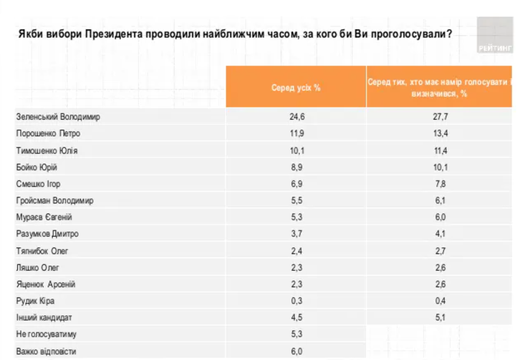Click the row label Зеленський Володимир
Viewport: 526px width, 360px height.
click(58, 117)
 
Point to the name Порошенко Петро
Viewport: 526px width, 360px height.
click(48, 134)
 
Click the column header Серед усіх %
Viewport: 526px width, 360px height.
click(296, 87)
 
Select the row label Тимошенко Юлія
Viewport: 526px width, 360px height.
click(47, 150)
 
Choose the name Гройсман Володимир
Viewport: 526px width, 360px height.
click(55, 201)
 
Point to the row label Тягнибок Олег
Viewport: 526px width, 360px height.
click(43, 251)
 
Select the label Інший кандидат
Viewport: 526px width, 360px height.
click(44, 317)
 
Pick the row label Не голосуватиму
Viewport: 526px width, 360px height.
click(46, 335)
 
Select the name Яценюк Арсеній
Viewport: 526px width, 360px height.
click(46, 284)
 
